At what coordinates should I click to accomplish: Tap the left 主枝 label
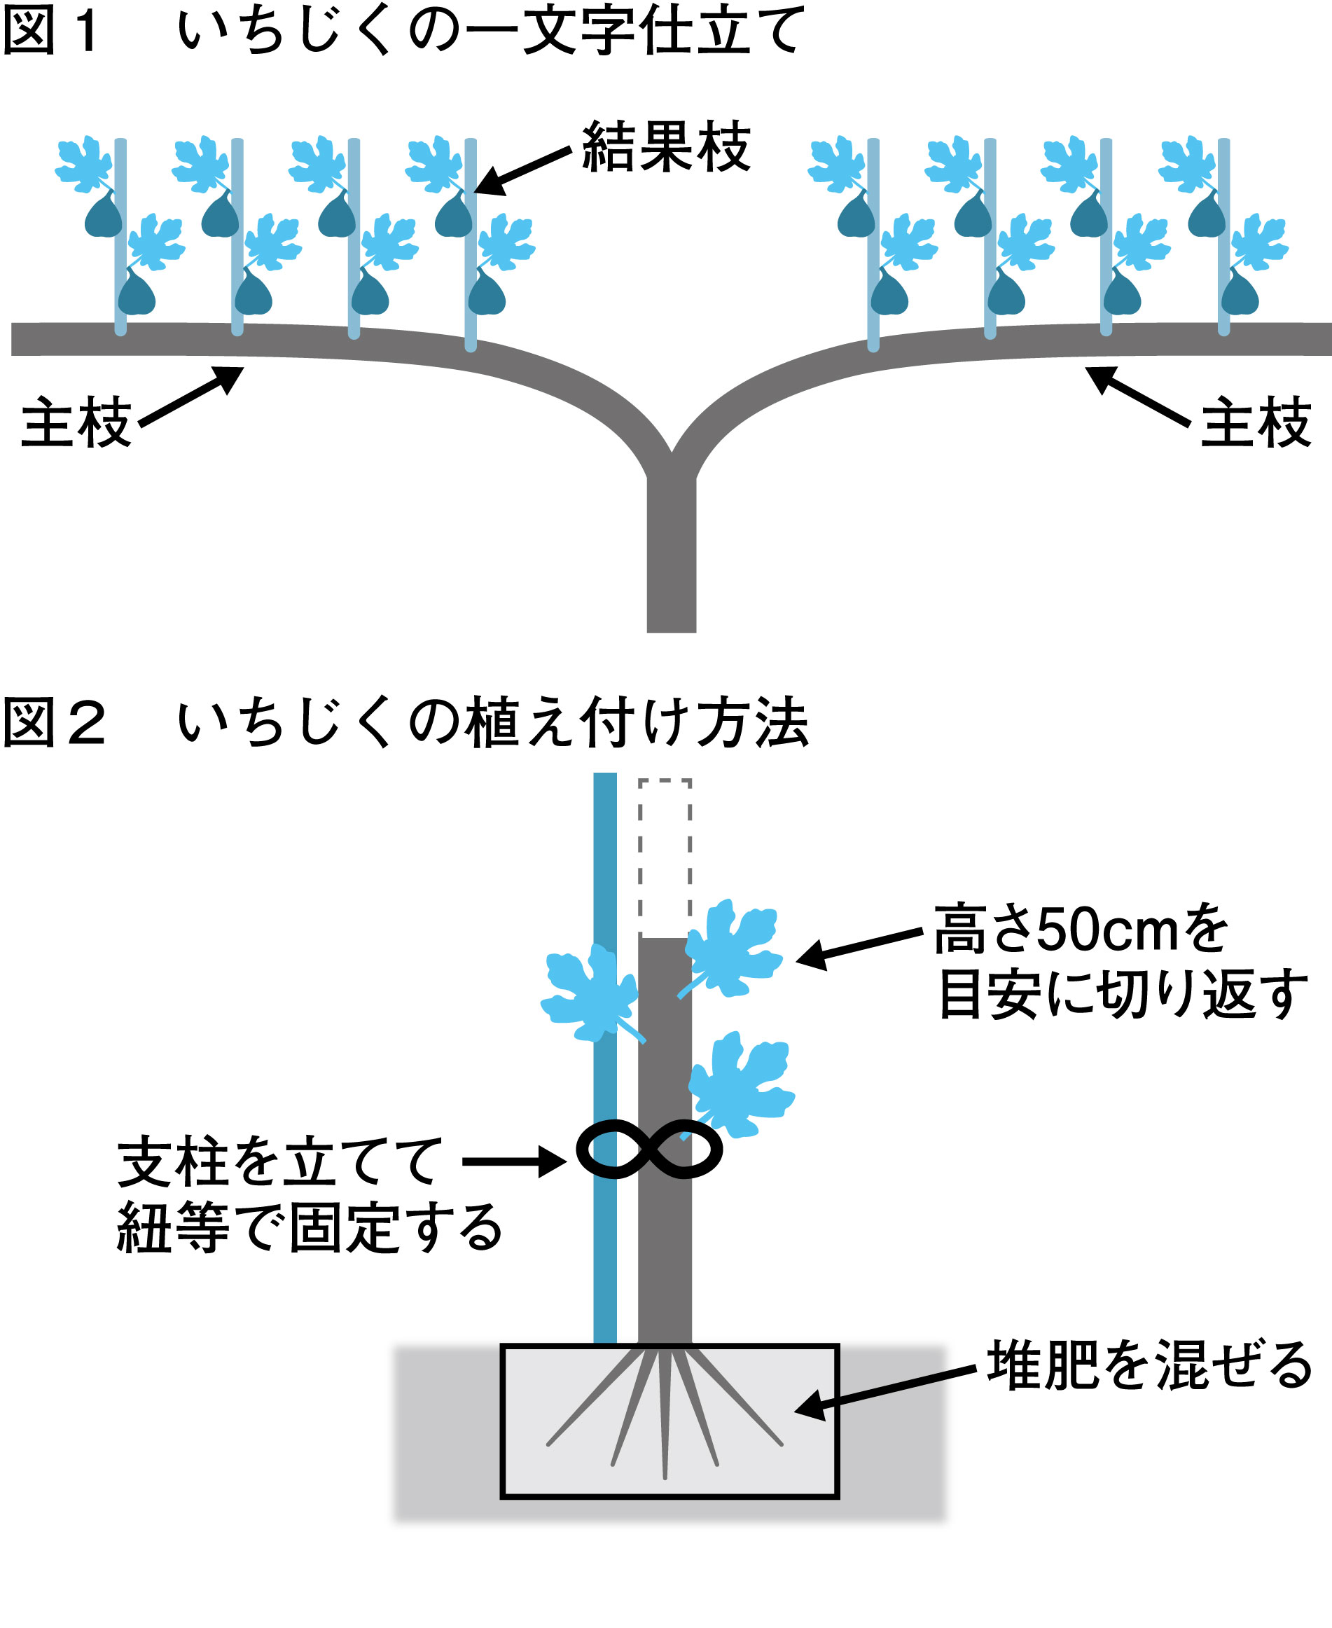coord(76,422)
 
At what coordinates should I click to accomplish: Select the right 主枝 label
coord(1255,422)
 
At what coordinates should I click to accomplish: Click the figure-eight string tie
coord(649,1149)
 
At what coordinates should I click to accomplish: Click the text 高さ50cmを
coord(1081,930)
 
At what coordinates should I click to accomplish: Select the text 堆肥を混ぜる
coord(1149,1365)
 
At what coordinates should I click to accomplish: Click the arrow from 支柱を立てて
coord(514,1161)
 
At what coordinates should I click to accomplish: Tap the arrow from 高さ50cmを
coord(859,947)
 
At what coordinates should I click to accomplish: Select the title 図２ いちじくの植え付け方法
coord(405,722)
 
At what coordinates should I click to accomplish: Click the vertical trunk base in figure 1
coord(671,560)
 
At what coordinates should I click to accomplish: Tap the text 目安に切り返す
coord(1123,995)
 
